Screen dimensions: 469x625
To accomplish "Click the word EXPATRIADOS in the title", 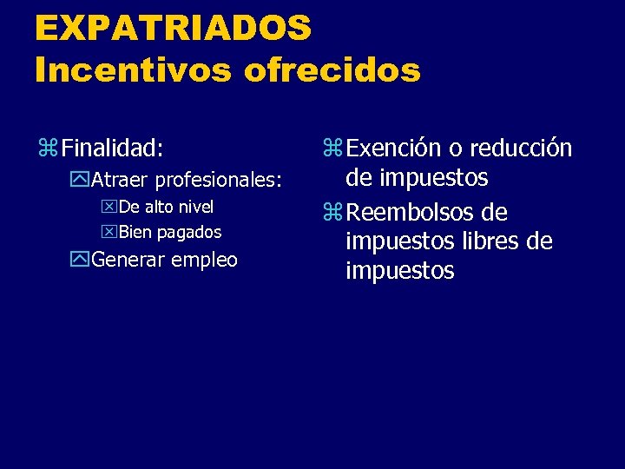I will click(x=173, y=28).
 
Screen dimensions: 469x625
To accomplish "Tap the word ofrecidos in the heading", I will click(x=332, y=70).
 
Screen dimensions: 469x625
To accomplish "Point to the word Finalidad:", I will click(x=112, y=149).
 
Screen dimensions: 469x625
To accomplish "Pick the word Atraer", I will click(x=121, y=181).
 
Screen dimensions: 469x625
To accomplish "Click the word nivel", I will click(x=195, y=207).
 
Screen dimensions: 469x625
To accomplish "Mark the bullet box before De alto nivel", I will click(x=109, y=208).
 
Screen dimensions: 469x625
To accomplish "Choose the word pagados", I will click(x=189, y=233).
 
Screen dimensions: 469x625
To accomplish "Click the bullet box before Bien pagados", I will click(x=109, y=233).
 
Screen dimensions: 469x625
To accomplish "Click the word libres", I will click(x=486, y=241).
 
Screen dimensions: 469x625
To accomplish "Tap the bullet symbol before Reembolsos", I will click(x=332, y=213).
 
